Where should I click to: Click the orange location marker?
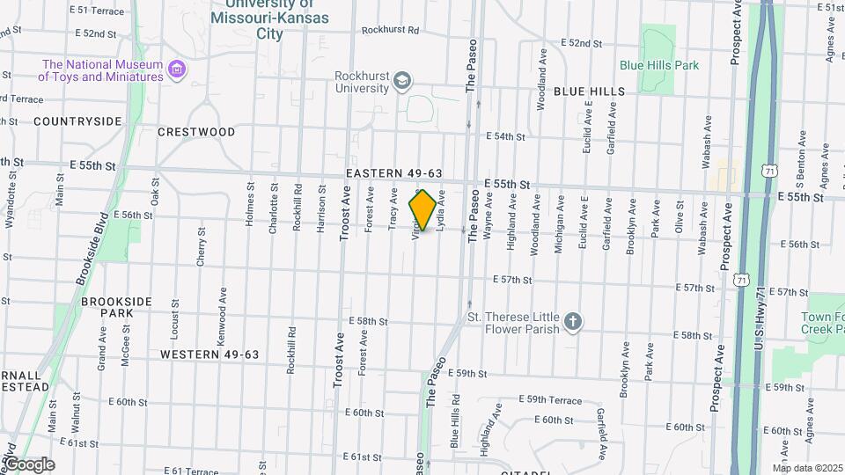[x=423, y=210]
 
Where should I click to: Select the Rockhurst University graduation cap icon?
[x=402, y=82]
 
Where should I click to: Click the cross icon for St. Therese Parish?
[x=573, y=323]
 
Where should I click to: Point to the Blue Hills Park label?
[x=658, y=65]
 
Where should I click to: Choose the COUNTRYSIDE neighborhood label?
[x=77, y=121]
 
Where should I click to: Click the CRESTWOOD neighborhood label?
[x=196, y=132]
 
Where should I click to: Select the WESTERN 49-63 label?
[x=209, y=354]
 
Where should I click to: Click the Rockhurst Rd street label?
[x=390, y=30]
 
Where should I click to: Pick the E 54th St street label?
[x=505, y=136]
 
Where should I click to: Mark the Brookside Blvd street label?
[x=92, y=250]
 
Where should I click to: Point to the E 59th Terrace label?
[x=550, y=400]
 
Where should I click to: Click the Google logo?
[x=29, y=464]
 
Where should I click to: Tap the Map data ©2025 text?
[x=807, y=468]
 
